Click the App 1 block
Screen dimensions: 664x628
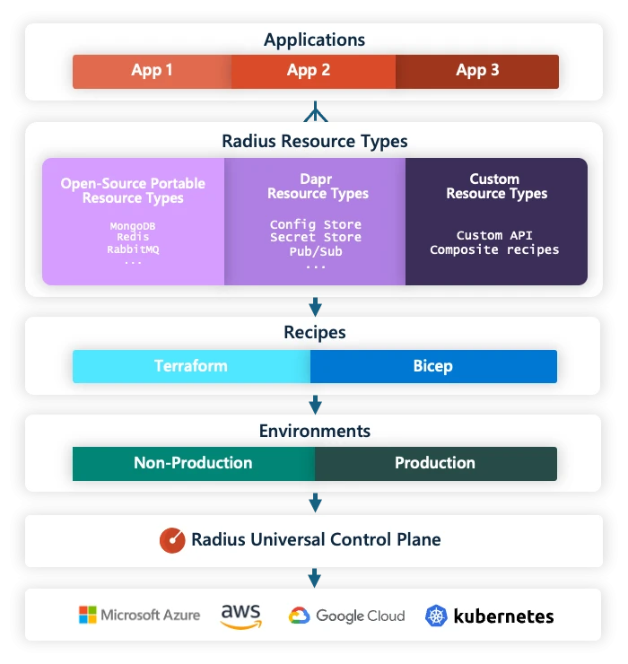(152, 71)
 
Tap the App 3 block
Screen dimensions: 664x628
(477, 71)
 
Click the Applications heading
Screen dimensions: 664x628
(314, 39)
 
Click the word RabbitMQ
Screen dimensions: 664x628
(133, 249)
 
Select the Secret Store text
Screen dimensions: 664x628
(316, 238)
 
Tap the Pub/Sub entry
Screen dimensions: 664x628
(316, 251)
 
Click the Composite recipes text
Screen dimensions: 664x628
(494, 249)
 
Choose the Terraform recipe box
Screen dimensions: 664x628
(191, 366)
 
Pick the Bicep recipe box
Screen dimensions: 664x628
(433, 366)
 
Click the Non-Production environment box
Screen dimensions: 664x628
(193, 463)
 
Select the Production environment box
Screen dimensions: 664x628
(435, 463)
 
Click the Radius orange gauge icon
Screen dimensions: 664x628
(172, 540)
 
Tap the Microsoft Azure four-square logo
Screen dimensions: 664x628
(88, 616)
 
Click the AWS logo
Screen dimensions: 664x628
(240, 616)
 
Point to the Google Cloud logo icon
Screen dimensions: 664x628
(299, 616)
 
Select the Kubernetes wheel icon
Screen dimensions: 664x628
(436, 616)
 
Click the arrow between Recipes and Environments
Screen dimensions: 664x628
(314, 403)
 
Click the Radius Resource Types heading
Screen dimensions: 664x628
(314, 141)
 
